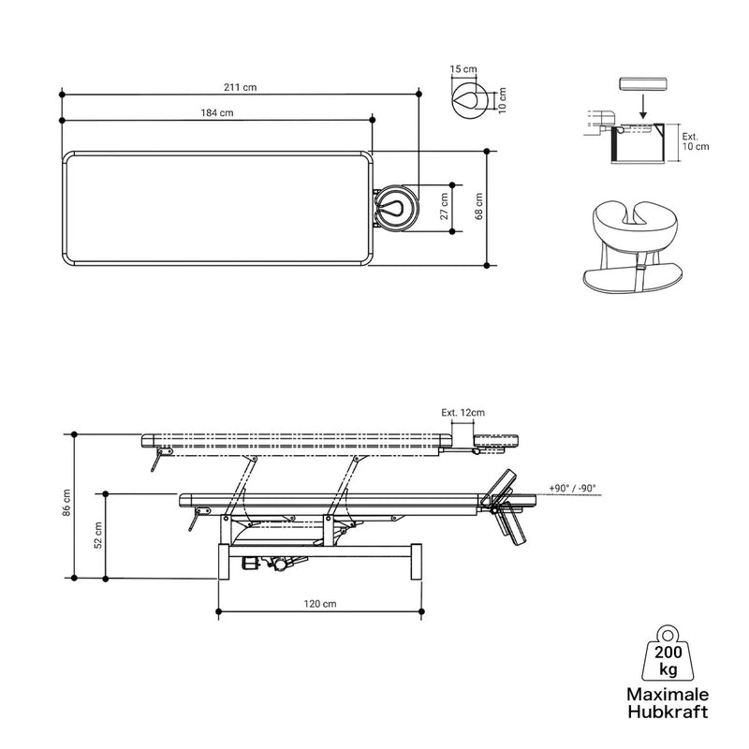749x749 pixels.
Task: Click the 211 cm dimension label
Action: click(x=241, y=87)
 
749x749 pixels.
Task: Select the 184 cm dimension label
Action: click(x=217, y=112)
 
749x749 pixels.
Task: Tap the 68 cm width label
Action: click(x=479, y=206)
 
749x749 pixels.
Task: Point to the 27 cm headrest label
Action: click(x=444, y=206)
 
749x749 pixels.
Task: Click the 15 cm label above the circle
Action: click(x=463, y=68)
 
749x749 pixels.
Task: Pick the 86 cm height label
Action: click(x=66, y=503)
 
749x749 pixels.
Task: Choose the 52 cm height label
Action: click(x=98, y=535)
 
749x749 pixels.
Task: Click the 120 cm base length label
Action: click(x=320, y=604)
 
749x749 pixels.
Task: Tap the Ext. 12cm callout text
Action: click(x=463, y=413)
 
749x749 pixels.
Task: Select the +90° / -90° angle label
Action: click(x=572, y=488)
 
